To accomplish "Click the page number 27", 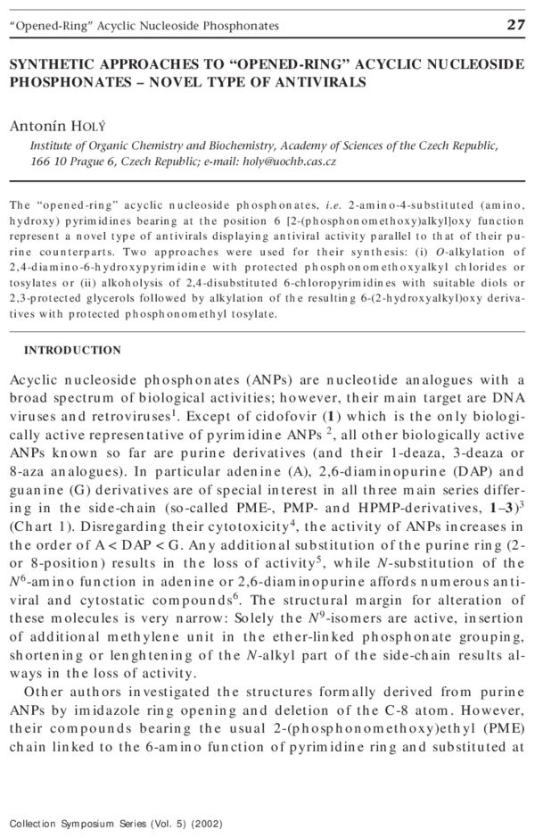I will (515, 25).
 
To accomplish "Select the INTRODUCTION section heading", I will (72, 351).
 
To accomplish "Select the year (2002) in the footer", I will (205, 823).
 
